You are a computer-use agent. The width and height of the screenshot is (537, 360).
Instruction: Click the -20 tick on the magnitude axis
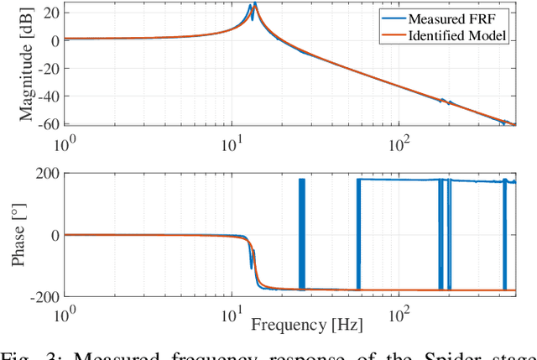point(46,69)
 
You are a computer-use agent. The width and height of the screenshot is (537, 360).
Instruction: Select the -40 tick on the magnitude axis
point(46,97)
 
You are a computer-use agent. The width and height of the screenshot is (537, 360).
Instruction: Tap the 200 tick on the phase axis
point(46,174)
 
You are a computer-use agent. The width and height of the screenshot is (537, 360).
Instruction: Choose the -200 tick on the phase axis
point(44,297)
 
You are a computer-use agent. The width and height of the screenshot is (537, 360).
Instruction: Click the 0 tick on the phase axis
point(54,235)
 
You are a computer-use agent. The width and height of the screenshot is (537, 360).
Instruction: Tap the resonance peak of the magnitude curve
point(254,5)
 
